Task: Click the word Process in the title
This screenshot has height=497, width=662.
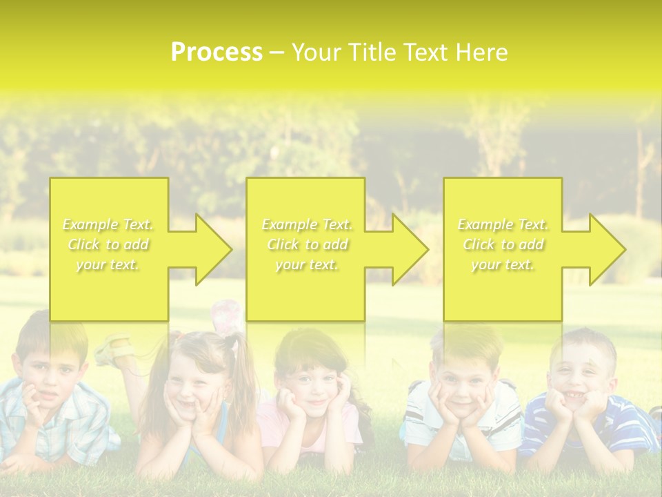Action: (217, 52)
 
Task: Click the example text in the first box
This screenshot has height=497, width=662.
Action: (108, 244)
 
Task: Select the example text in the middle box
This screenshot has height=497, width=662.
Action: (306, 244)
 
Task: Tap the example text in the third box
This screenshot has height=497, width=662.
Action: (503, 244)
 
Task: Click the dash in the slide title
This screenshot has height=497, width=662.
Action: (277, 52)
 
